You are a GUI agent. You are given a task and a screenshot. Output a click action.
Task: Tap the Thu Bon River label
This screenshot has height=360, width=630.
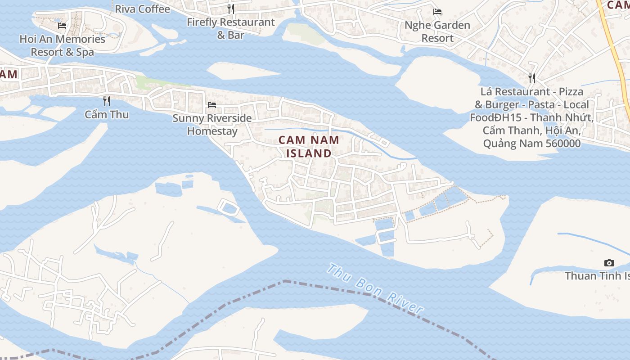pos(375,288)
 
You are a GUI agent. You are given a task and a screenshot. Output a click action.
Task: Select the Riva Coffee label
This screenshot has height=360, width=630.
pos(142,9)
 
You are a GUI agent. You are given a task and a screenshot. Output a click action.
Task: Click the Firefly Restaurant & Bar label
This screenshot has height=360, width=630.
pos(230,28)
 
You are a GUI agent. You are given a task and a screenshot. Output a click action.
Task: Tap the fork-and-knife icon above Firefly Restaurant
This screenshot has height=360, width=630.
pos(231,9)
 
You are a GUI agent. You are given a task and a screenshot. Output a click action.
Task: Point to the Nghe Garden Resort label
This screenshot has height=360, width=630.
pos(437,31)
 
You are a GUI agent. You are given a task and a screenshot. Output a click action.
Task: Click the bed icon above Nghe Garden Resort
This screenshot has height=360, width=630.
pos(437,12)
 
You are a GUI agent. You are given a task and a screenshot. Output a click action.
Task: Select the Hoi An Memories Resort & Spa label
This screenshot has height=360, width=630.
pos(62,45)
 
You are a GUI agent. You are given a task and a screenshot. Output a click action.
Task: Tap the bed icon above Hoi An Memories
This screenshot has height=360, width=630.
pos(62,26)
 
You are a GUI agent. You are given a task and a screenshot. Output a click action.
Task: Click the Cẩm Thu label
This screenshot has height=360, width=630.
pos(107,114)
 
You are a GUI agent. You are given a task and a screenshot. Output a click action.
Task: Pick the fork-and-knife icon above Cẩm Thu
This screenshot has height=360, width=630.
pos(107,101)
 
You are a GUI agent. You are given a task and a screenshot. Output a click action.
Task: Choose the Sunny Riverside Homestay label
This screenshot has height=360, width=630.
pos(212,124)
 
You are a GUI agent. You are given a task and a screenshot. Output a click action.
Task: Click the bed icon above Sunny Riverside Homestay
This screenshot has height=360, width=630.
pos(212,105)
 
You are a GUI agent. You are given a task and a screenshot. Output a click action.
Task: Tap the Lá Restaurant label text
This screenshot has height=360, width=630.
pos(531,117)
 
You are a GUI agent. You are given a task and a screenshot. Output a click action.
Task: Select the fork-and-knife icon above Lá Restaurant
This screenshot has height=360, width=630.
pos(532,78)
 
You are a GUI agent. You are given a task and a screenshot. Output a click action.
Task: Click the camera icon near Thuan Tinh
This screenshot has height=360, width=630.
pos(609,263)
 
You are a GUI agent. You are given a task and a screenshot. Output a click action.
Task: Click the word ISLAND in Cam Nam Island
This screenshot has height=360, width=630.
pos(309,153)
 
